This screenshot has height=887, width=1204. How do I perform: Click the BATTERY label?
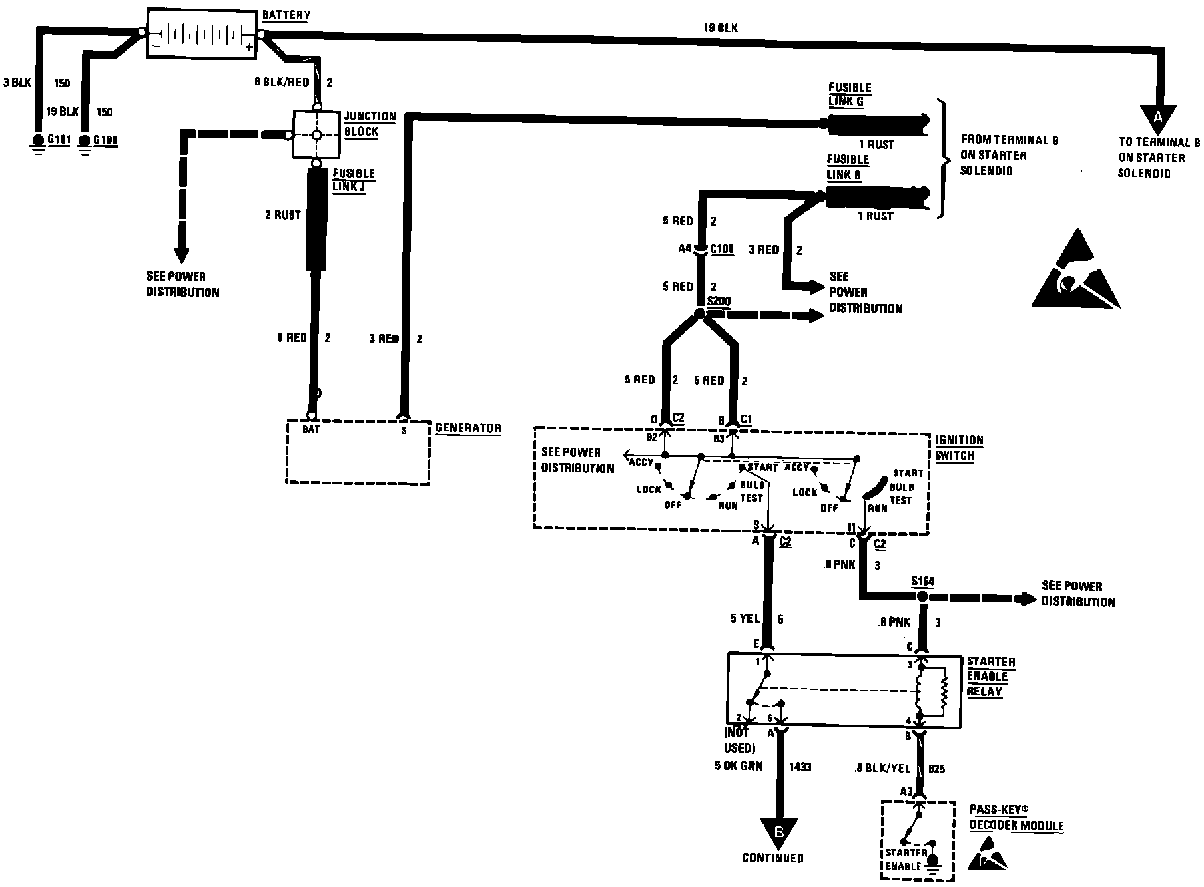point(286,15)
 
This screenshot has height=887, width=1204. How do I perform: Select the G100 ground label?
point(105,140)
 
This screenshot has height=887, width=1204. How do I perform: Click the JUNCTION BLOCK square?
point(317,135)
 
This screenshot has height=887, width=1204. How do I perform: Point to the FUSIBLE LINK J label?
point(354,180)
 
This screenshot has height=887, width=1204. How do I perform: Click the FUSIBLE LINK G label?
point(850,94)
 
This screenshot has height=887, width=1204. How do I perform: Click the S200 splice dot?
point(699,314)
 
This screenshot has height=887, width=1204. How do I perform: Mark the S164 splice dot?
point(922,596)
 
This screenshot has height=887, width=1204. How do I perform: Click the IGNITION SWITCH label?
point(959,448)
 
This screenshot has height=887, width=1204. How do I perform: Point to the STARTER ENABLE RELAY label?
point(991,676)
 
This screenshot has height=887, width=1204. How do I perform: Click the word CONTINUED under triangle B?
point(773,858)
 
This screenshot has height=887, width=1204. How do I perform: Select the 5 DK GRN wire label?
point(738,766)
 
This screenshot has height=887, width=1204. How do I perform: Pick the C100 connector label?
point(722,249)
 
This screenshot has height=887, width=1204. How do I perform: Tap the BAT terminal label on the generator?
point(311,429)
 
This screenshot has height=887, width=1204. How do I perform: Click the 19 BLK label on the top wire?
point(721,28)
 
